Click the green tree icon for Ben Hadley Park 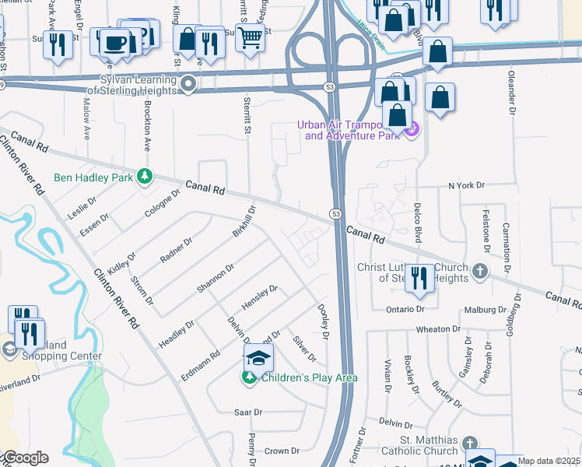144,177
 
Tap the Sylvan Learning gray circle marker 187,84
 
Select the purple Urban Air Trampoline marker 412,129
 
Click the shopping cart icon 250,35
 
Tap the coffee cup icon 115,41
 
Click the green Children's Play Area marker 249,378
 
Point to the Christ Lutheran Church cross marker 480,271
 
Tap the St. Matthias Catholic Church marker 469,443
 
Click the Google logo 25,458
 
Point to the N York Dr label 465,186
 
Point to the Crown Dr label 282,451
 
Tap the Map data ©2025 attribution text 549,461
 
